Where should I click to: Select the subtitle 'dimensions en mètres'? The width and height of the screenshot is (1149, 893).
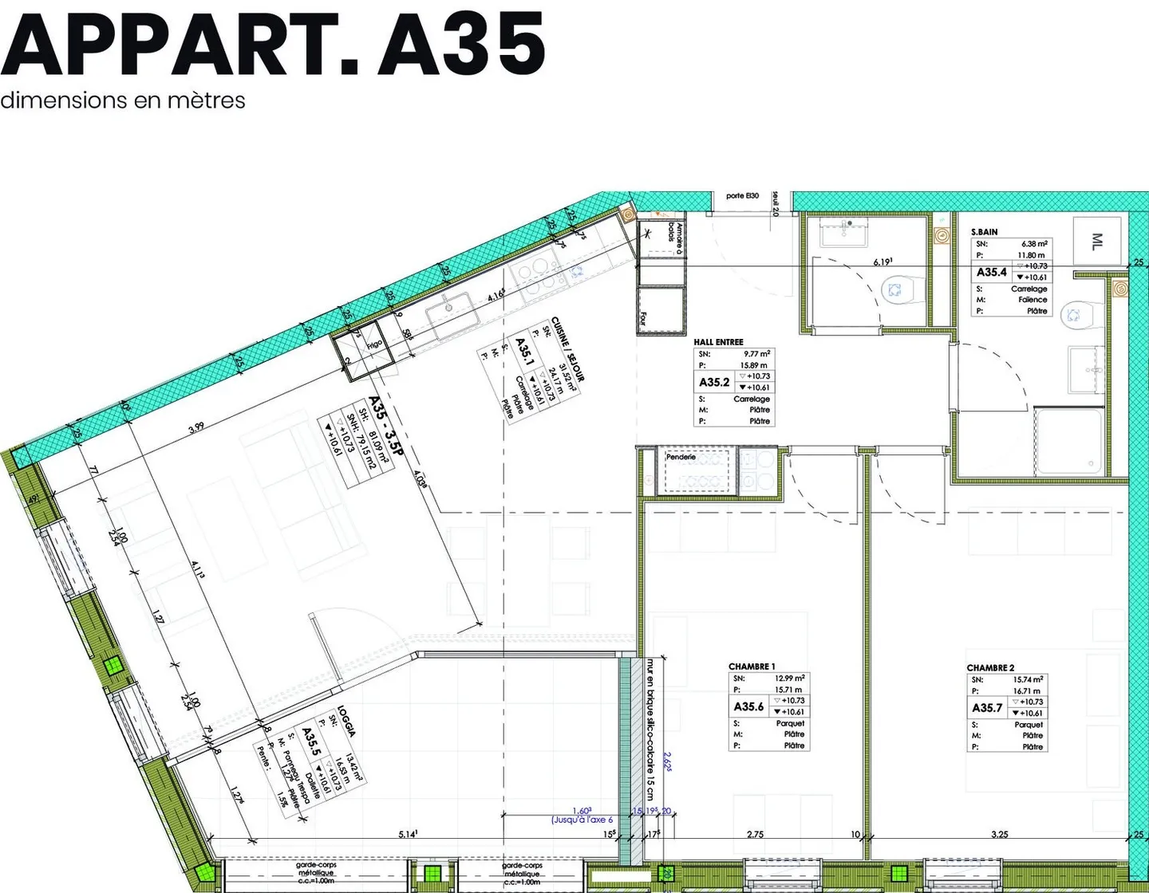point(123,100)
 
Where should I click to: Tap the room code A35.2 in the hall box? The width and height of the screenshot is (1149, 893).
point(714,382)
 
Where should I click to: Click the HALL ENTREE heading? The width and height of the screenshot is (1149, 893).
point(718,342)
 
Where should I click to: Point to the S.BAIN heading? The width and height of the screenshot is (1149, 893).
point(984,232)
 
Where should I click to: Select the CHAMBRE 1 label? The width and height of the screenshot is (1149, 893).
point(752,667)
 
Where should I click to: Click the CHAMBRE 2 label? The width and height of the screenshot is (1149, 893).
point(990,667)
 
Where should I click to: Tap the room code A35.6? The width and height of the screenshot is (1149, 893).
point(748,706)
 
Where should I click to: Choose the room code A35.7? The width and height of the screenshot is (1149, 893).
point(987,707)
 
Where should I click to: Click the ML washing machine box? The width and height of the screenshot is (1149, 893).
point(1097,241)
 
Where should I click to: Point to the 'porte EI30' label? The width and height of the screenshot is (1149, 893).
point(742,196)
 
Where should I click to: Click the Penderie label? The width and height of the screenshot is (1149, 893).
point(681,457)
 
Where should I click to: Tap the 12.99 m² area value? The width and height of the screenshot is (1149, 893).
point(789,679)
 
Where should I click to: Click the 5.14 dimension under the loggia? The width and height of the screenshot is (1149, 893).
point(408,834)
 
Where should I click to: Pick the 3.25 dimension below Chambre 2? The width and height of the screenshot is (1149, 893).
point(999,834)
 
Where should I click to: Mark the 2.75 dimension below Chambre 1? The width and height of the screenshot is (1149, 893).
point(755,834)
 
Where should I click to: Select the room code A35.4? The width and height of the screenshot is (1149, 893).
point(992,272)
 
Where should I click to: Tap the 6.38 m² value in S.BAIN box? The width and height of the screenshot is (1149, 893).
point(1034,244)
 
